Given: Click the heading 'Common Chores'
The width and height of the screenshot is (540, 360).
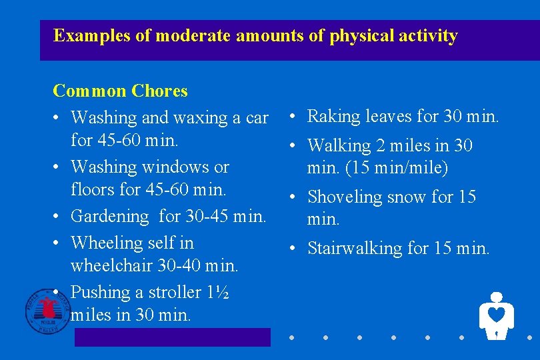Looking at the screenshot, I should click(120, 91).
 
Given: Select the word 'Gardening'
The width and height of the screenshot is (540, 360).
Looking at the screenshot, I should click(110, 217).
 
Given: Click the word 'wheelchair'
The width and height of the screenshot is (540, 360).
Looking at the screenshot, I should click(112, 265).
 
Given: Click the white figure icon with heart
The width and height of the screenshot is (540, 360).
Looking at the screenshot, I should click(496, 315).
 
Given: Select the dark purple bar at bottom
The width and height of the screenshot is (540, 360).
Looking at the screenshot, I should click(172, 337).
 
